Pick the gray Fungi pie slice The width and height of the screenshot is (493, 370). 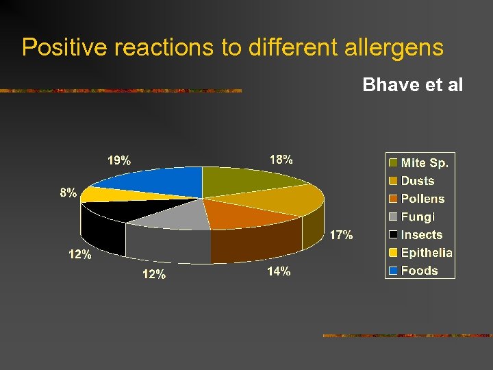(x=175, y=217)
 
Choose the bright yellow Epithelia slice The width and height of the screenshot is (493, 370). (x=103, y=194)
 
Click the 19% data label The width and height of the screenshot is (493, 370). (x=119, y=161)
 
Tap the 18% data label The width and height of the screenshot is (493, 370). (x=281, y=160)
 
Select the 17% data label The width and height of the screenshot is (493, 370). (x=341, y=236)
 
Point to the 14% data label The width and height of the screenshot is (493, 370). (x=278, y=271)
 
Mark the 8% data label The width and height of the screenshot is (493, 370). (x=68, y=193)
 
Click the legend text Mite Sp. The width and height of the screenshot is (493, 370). (x=425, y=163)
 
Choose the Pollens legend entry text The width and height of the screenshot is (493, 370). (x=422, y=199)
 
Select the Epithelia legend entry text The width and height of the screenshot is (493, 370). (x=427, y=252)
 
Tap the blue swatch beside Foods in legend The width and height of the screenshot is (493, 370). (x=393, y=270)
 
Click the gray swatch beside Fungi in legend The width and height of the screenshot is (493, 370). (x=393, y=217)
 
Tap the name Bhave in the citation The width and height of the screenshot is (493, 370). (x=388, y=85)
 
